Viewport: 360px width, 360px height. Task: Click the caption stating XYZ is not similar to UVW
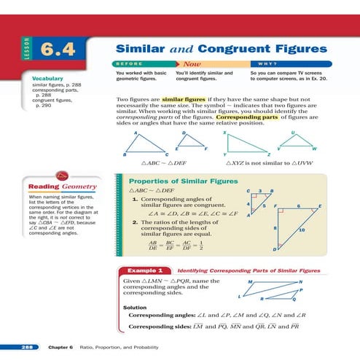[270, 165]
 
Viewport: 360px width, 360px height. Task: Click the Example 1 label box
[146, 270]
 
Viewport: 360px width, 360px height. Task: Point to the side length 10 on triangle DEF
[301, 230]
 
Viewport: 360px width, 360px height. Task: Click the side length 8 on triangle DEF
[275, 228]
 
